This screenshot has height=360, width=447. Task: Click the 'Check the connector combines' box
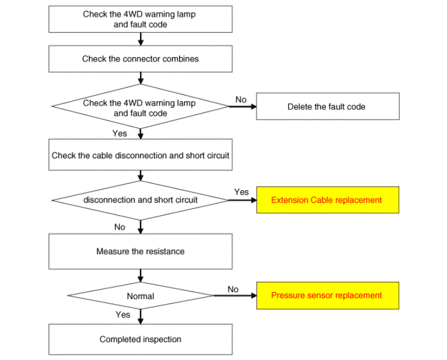click(141, 59)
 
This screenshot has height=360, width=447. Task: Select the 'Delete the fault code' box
click(328, 106)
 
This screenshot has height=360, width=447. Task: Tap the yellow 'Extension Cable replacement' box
click(328, 200)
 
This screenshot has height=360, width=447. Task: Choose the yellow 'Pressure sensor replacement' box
click(328, 295)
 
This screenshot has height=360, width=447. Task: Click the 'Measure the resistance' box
click(141, 252)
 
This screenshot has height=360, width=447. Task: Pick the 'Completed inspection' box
click(141, 340)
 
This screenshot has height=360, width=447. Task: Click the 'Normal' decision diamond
click(141, 295)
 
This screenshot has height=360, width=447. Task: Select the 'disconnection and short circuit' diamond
click(141, 200)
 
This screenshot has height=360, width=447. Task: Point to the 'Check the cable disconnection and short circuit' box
click(141, 155)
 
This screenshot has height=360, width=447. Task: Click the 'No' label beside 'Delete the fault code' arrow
click(241, 99)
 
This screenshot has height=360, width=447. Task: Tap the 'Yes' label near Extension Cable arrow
click(241, 192)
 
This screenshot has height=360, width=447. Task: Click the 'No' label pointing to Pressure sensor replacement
click(233, 289)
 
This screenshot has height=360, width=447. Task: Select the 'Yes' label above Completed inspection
click(123, 315)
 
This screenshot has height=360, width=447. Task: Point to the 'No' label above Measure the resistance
click(120, 227)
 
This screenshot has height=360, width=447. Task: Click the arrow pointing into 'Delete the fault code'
click(242, 106)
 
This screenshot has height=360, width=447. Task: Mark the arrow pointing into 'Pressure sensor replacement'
click(235, 295)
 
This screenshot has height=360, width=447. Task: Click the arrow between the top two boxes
click(141, 39)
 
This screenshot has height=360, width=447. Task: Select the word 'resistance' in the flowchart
click(168, 251)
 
